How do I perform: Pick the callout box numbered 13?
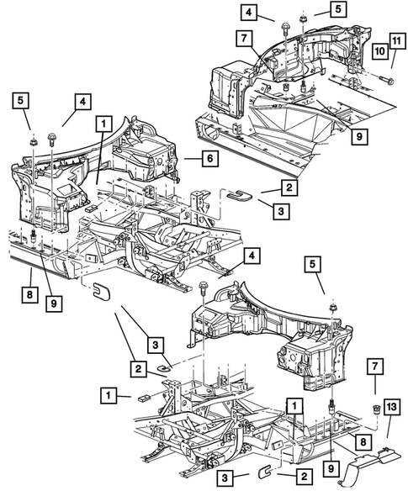click(392, 408)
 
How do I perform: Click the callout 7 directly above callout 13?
click(374, 367)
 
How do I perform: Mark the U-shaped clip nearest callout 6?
click(239, 197)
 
